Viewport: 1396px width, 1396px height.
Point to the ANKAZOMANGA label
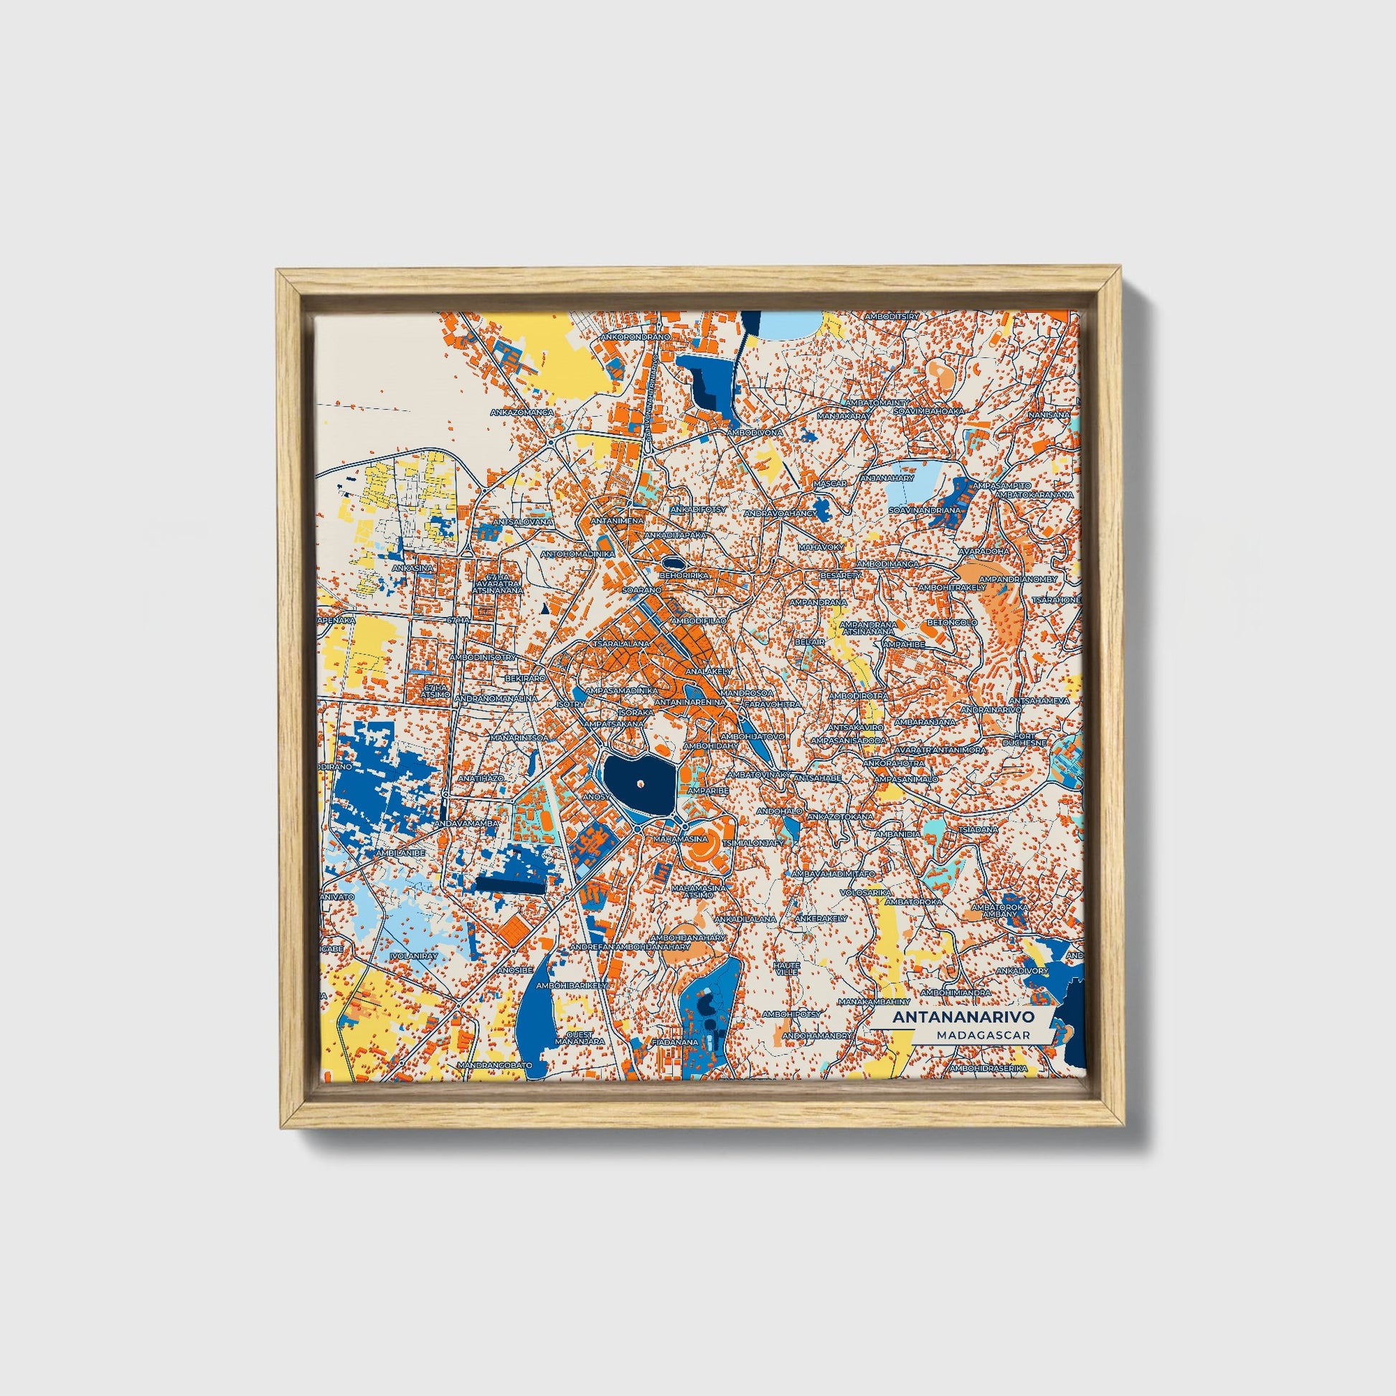[x=522, y=412]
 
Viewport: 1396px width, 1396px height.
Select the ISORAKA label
[x=636, y=711]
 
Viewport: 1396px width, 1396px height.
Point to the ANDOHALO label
[x=779, y=811]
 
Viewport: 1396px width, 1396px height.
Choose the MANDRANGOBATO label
[x=495, y=1065]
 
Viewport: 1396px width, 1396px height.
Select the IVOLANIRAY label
[x=413, y=956]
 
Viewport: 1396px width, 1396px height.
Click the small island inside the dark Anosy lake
[x=640, y=781]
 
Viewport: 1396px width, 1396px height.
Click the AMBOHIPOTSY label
[x=797, y=1014]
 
